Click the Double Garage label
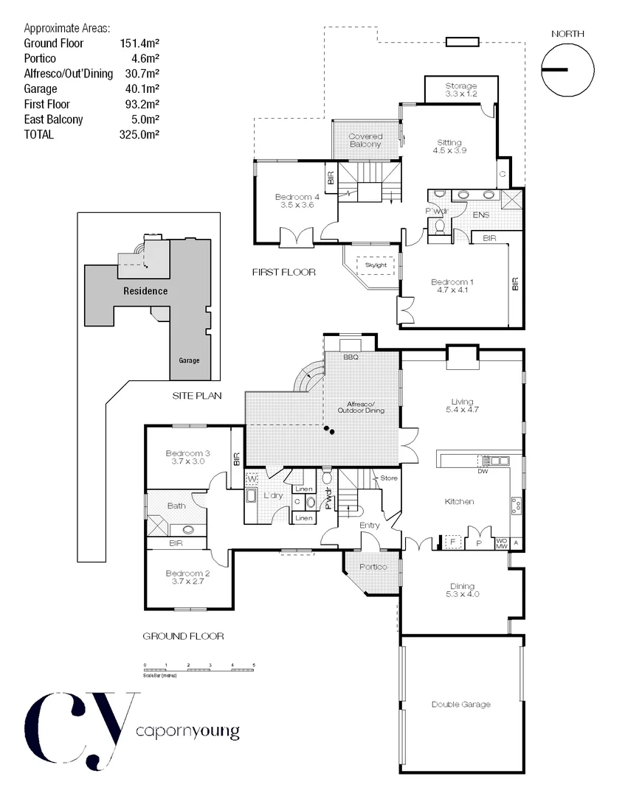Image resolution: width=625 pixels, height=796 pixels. [x=460, y=705]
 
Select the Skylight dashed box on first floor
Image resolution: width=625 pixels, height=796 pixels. [x=376, y=265]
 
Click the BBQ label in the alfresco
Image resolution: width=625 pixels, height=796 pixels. [x=351, y=357]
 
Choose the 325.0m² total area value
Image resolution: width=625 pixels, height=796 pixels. [x=140, y=135]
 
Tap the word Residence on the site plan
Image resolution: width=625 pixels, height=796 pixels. [x=145, y=290]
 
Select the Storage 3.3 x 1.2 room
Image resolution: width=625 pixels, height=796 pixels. [x=461, y=90]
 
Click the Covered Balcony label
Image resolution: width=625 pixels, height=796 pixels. [x=365, y=140]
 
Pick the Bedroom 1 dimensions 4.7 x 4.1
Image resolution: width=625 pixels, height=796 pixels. [x=451, y=290]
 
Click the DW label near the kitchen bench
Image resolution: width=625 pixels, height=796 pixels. [x=483, y=471]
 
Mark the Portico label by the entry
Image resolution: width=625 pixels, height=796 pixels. [x=373, y=567]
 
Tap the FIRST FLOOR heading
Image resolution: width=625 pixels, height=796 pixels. [x=283, y=272]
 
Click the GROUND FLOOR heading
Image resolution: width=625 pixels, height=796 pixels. [x=183, y=636]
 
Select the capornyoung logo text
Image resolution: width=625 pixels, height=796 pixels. [x=187, y=732]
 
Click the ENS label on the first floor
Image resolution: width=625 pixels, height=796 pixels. [x=481, y=214]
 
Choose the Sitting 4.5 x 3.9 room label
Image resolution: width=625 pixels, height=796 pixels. [x=449, y=146]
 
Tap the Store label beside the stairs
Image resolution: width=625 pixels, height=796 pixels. [x=389, y=478]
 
